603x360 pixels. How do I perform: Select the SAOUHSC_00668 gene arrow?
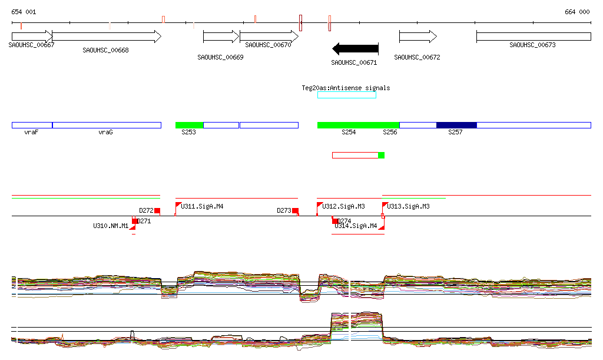[107, 37]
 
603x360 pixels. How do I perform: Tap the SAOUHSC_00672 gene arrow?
[418, 37]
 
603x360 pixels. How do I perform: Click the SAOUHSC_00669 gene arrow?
[221, 37]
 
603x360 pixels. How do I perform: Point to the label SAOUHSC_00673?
[532, 45]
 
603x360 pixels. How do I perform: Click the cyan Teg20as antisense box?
[347, 95]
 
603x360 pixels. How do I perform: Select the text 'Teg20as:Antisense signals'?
[346, 88]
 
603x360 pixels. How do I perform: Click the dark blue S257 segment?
[456, 125]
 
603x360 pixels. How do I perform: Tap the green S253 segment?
[189, 125]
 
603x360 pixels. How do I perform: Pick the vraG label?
[105, 133]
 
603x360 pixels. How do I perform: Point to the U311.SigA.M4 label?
[202, 206]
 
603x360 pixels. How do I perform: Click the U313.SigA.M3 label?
[408, 206]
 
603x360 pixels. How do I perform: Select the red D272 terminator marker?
[157, 211]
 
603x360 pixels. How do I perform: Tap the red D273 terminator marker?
[295, 211]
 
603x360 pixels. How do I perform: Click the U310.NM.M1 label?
[111, 226]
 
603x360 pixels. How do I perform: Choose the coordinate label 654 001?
[24, 12]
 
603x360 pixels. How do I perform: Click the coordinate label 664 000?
[577, 12]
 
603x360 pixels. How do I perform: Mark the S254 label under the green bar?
[349, 133]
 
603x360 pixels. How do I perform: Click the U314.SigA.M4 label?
[356, 226]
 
